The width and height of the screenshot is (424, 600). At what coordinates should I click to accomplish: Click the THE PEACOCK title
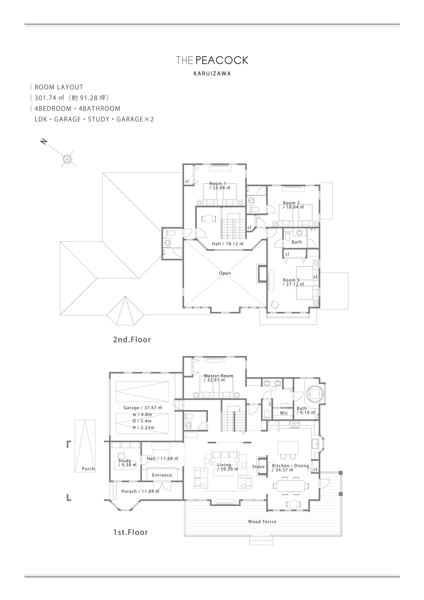212,60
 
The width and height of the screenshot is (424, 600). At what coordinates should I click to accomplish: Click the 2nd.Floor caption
132,340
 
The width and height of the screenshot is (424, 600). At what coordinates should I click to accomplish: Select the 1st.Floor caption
131,532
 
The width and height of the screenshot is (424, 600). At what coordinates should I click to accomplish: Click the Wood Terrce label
262,522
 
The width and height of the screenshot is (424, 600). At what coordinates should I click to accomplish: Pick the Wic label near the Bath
284,413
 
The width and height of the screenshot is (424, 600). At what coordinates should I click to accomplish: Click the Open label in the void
225,273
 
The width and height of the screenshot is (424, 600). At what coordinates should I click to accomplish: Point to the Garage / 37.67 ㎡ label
143,408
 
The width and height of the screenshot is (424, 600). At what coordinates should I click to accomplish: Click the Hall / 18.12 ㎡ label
228,244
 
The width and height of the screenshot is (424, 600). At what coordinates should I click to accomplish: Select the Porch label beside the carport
88,469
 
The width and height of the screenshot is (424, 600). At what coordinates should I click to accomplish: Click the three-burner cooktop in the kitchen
294,425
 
